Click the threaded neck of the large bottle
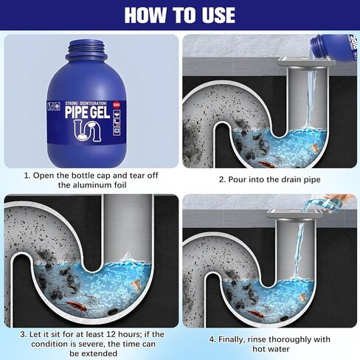tap(91, 51)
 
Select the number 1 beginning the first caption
tap(27, 176)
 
